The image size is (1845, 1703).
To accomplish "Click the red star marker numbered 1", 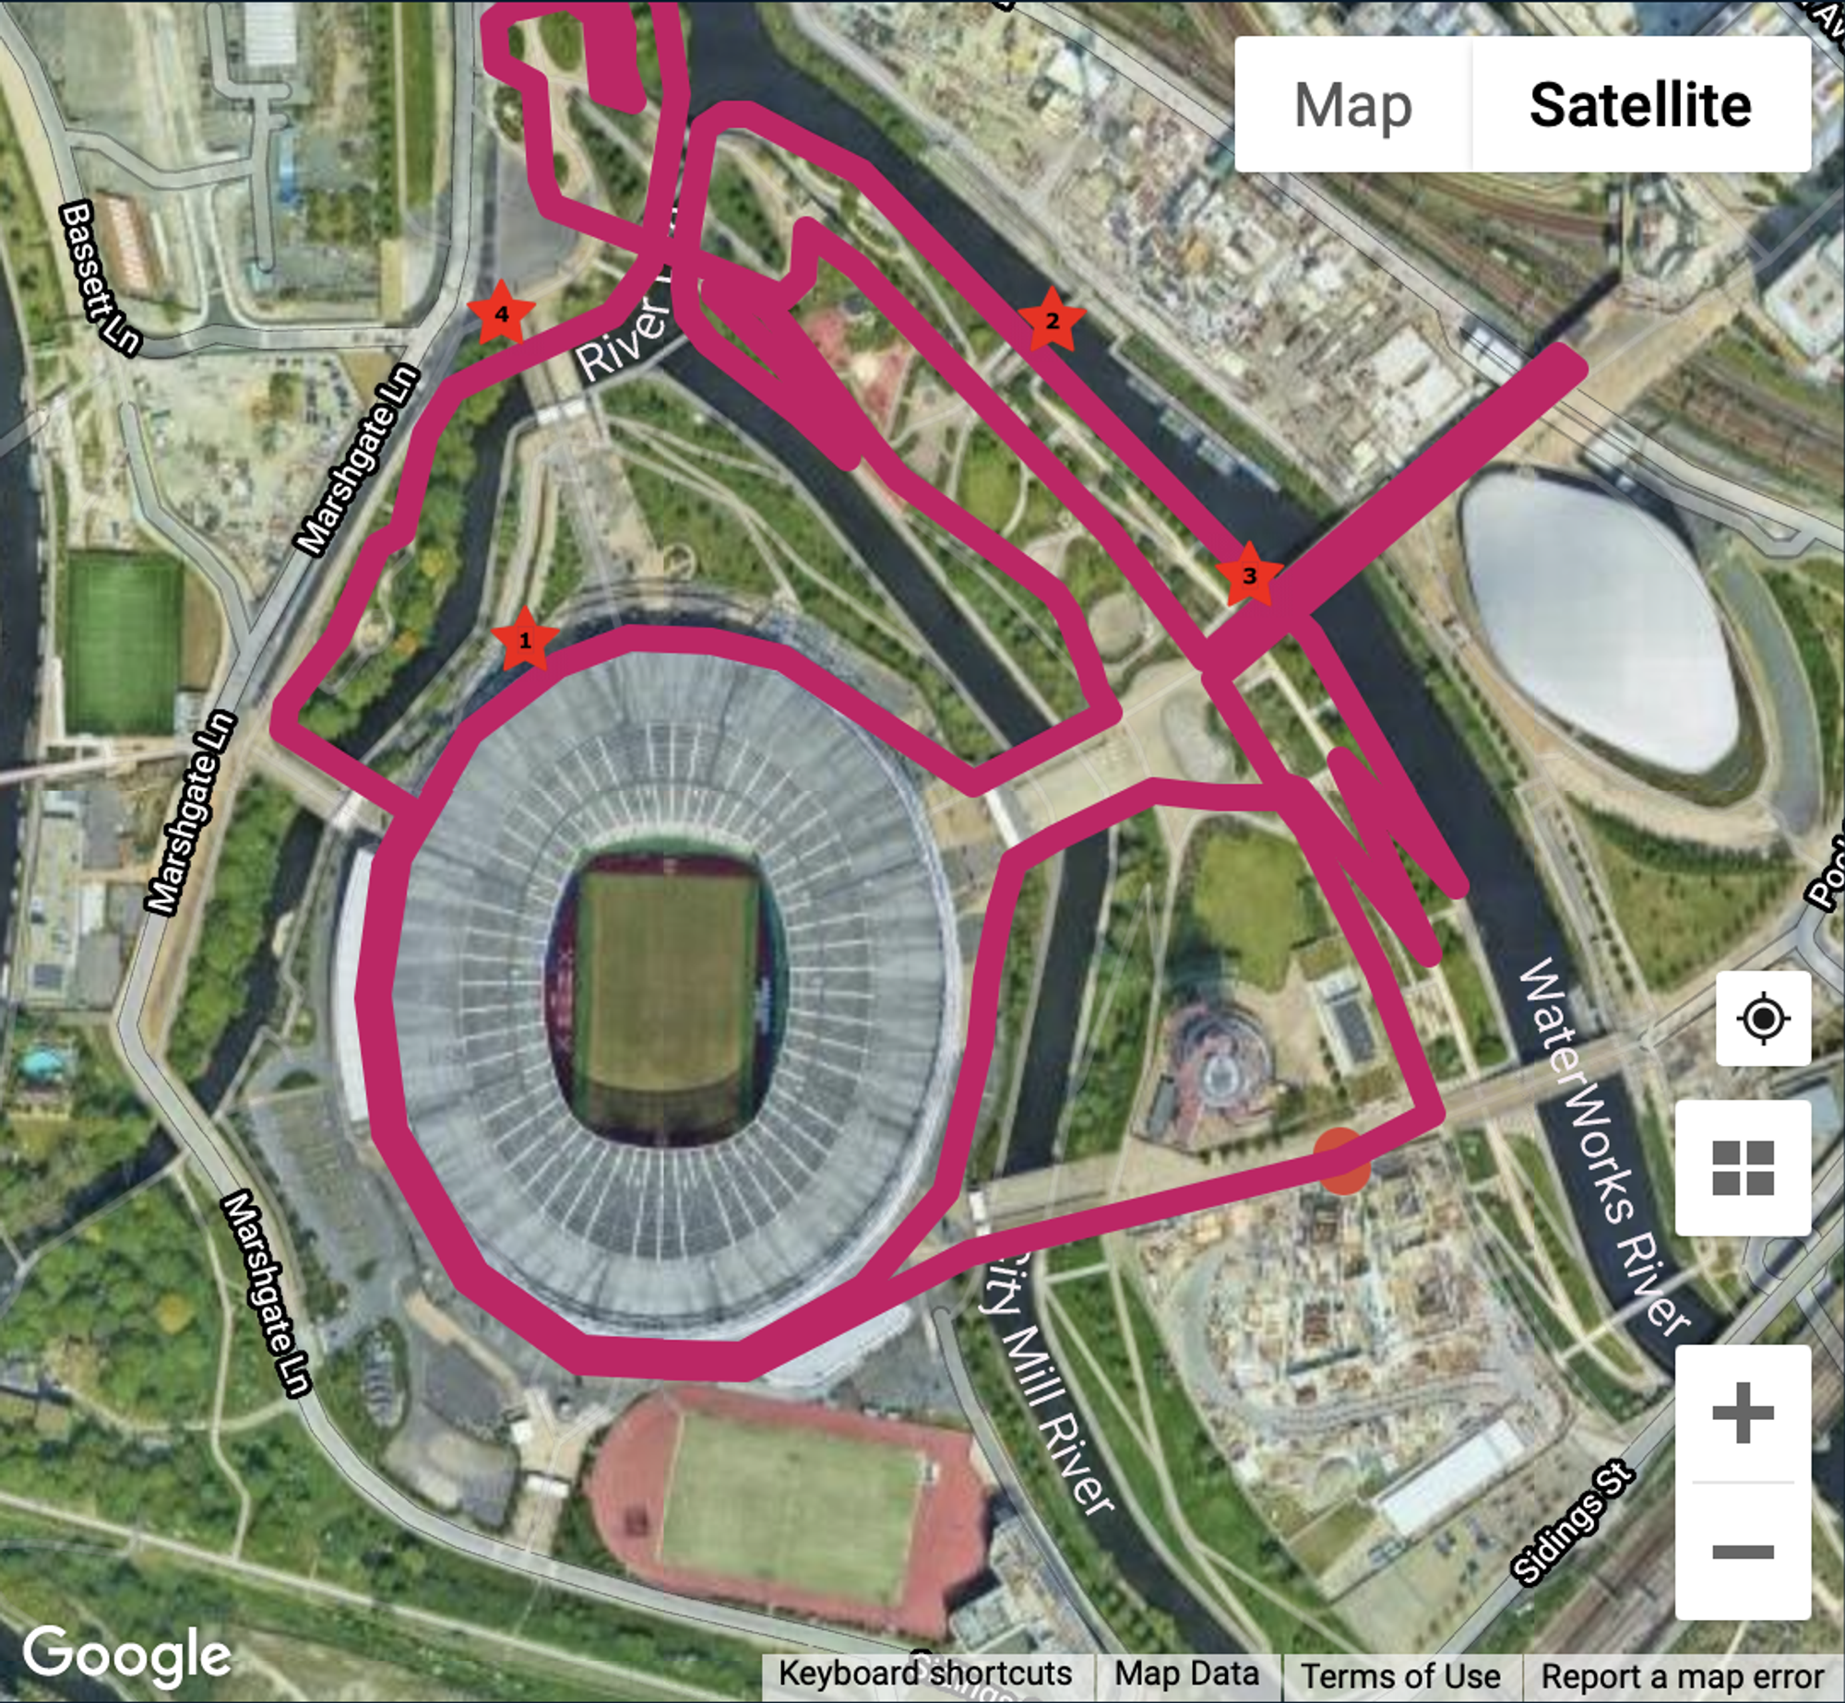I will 525,639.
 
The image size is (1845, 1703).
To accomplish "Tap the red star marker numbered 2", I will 1052,320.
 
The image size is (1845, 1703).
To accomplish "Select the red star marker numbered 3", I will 1249,574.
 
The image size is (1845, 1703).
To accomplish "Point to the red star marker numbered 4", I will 501,313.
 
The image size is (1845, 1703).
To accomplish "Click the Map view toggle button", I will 1352,105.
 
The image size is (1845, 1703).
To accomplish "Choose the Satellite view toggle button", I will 1640,105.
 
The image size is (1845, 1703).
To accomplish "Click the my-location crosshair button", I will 1763,1019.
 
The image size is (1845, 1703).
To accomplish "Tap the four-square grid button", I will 1743,1167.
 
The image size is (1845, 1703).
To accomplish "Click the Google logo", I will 127,1654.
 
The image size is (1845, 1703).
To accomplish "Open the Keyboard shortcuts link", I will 925,1673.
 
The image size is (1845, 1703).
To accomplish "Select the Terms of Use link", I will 1400,1675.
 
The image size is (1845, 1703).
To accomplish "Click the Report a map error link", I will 1683,1675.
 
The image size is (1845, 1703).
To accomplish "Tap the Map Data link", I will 1186,1673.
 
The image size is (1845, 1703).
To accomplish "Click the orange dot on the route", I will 1341,1161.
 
